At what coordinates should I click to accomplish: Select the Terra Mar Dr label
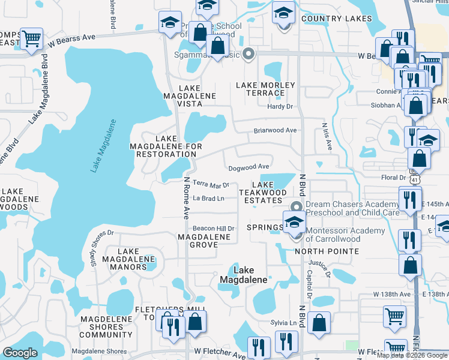pos(211,185)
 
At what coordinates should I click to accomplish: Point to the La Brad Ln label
pos(208,198)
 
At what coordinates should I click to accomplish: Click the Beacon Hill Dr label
pos(213,229)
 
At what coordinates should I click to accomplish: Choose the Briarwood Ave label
pos(276,130)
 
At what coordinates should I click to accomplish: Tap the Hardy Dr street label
pos(280,107)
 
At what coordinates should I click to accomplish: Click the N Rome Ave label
pos(187,197)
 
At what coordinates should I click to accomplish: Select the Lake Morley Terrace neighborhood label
pos(265,89)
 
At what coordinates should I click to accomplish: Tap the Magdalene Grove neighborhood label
pos(204,241)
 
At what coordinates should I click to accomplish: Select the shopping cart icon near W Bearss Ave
pos(31,39)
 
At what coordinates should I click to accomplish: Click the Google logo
pos(20,353)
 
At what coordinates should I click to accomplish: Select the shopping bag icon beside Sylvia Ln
pos(319,322)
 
